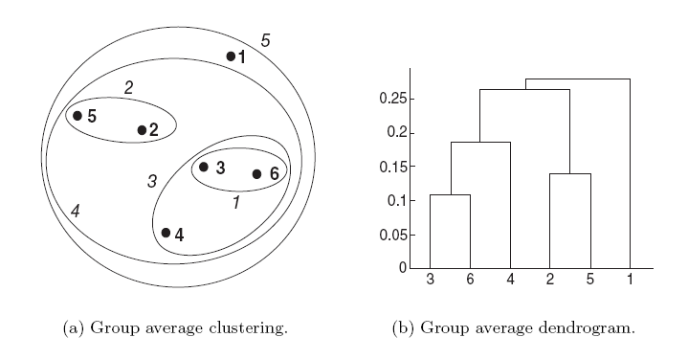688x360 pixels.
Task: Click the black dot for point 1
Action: [231, 56]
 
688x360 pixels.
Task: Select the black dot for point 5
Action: [78, 116]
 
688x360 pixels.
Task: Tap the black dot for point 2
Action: [142, 129]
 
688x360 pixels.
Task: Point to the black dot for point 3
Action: [203, 167]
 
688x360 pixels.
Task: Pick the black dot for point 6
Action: [256, 174]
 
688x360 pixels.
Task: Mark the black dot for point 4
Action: [166, 233]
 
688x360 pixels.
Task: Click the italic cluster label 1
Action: [236, 203]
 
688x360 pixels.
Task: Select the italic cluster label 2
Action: [128, 87]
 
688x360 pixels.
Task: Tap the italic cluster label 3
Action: [151, 181]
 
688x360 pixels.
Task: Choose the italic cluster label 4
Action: [75, 211]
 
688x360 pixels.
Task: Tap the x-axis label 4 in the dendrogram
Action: [510, 280]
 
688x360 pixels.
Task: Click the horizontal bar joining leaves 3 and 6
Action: [450, 194]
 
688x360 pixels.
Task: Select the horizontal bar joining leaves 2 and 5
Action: [570, 173]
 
